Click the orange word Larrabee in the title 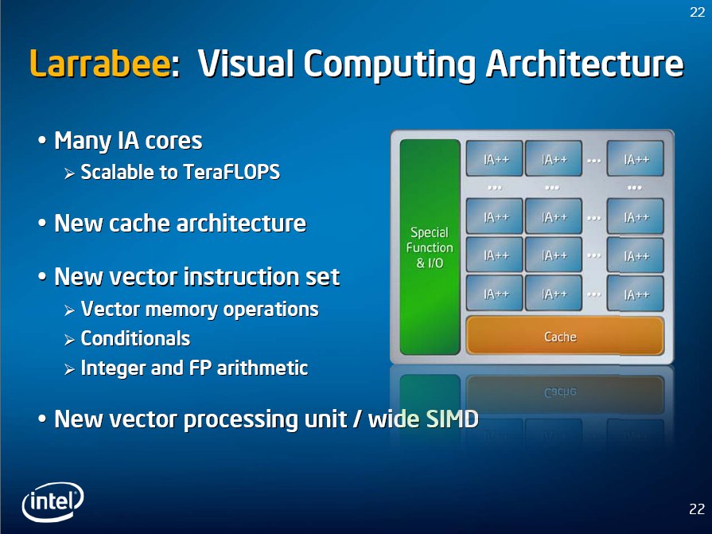pos(100,63)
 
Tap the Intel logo pos(53,501)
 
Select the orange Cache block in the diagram pos(565,336)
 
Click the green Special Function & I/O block pos(430,247)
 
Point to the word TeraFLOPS pos(231,172)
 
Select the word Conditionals pos(135,339)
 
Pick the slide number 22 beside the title pos(697,12)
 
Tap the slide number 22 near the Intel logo pos(697,509)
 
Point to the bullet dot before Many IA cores pos(42,140)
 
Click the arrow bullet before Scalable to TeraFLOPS pos(69,173)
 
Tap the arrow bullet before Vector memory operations pos(69,310)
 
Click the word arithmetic pos(263,368)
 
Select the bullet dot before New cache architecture pos(42,223)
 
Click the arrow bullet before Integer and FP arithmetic pos(69,369)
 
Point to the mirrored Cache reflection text pos(560,392)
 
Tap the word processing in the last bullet pos(241,419)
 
